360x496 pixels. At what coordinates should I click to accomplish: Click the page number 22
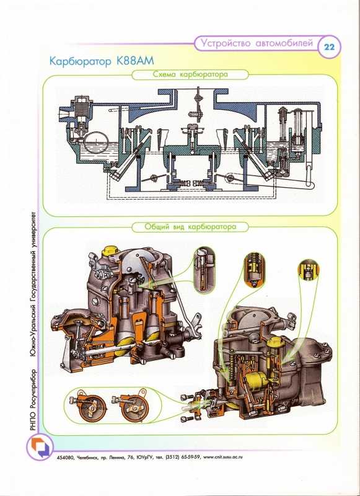(329, 48)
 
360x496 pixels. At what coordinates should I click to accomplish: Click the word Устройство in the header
(226, 43)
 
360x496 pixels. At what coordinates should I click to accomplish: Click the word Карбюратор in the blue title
(81, 61)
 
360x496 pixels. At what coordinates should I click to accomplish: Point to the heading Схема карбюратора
(190, 74)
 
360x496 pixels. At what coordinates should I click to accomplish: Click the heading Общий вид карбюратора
(190, 227)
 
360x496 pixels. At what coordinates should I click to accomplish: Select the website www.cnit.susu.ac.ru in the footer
(223, 457)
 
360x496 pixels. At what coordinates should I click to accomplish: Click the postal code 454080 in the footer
(65, 457)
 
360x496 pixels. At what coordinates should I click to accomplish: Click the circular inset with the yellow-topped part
(309, 270)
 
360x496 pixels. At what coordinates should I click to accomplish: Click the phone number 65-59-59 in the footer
(190, 457)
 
